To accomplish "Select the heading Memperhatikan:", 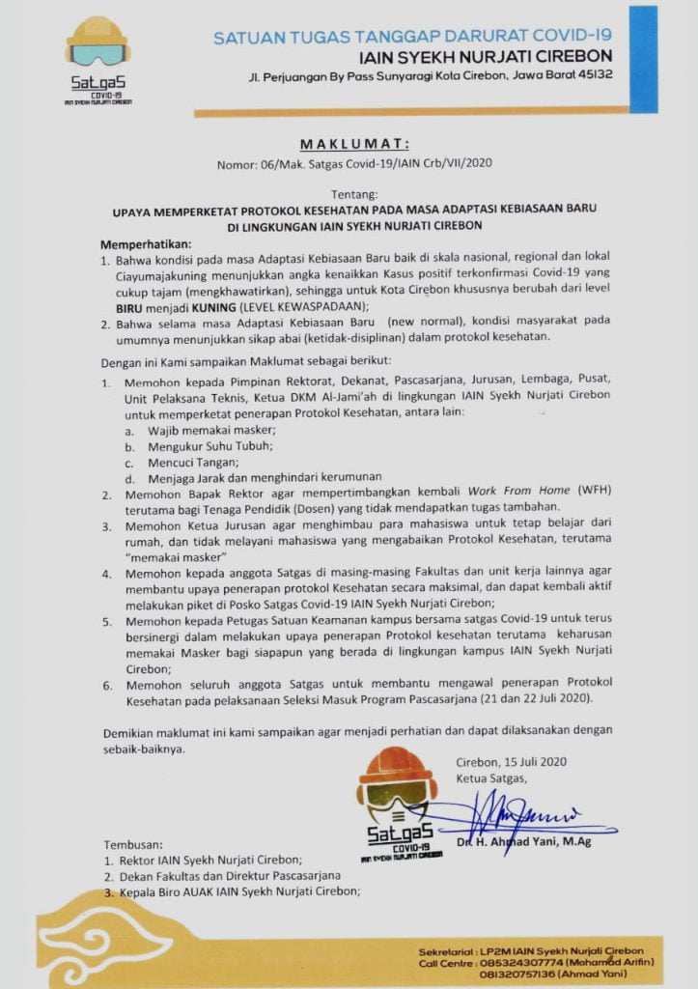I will [146, 243].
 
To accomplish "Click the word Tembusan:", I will [134, 842].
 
